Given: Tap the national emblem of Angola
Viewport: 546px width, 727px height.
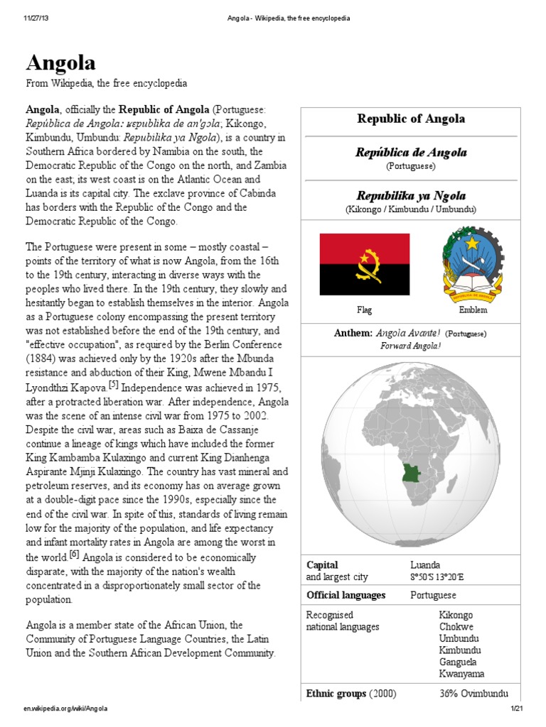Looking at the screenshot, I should tap(467, 264).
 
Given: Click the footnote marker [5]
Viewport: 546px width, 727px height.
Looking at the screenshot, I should tap(117, 386).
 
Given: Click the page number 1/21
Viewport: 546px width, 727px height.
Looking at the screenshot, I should tap(516, 709).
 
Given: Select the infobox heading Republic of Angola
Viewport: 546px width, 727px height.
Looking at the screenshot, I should tap(411, 119).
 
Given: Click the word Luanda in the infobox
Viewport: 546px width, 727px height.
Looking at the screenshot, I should tap(426, 565).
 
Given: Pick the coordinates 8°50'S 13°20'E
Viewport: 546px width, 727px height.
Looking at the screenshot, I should tap(441, 577).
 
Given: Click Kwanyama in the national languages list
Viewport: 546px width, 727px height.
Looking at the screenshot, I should tap(461, 674).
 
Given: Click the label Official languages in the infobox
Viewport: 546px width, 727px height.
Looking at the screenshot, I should tap(346, 595).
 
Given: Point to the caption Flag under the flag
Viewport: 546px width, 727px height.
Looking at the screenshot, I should tap(364, 310).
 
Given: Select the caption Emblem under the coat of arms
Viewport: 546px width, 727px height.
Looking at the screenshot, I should tap(467, 310).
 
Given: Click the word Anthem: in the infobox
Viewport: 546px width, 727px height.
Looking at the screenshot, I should tap(353, 333).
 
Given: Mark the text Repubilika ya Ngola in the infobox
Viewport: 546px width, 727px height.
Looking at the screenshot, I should tap(411, 195).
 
